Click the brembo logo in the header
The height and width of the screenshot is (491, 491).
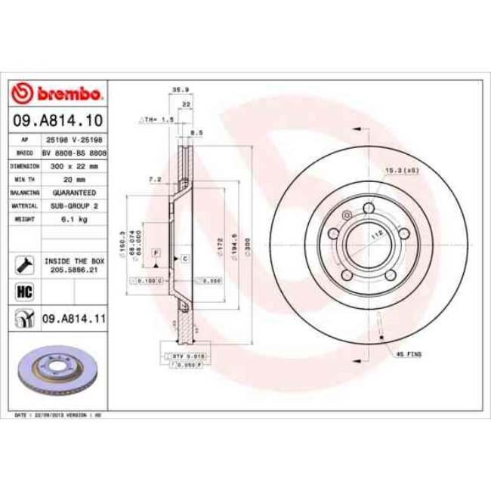(57, 94)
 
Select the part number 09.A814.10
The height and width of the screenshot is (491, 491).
(57, 119)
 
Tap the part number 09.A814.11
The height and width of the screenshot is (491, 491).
(73, 320)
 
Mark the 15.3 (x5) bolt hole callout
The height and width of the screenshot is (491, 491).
(403, 170)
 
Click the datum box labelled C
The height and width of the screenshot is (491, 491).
(184, 258)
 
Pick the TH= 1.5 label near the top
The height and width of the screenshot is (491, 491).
(159, 119)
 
